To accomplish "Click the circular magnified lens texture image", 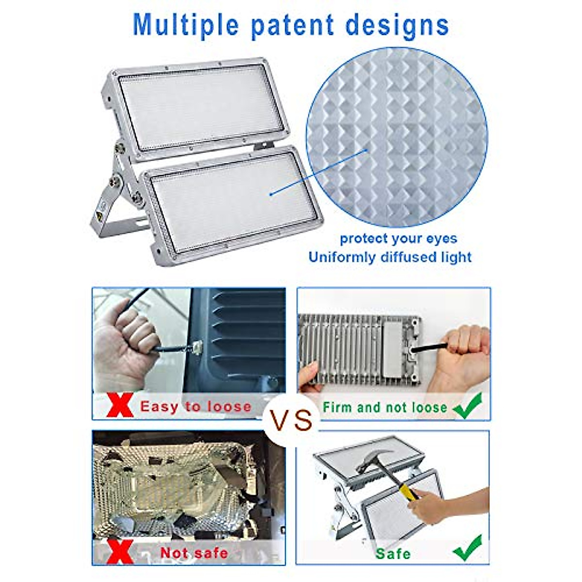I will pyautogui.click(x=397, y=137).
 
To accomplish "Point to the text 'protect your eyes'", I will pyautogui.click(x=398, y=239).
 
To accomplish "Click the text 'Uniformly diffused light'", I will pyautogui.click(x=390, y=257).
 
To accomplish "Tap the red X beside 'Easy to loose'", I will pyautogui.click(x=119, y=405).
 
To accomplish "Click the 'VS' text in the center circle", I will pyautogui.click(x=291, y=420).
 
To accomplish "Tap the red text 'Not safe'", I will pyautogui.click(x=194, y=553).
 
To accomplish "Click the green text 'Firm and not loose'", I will pyautogui.click(x=385, y=407).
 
